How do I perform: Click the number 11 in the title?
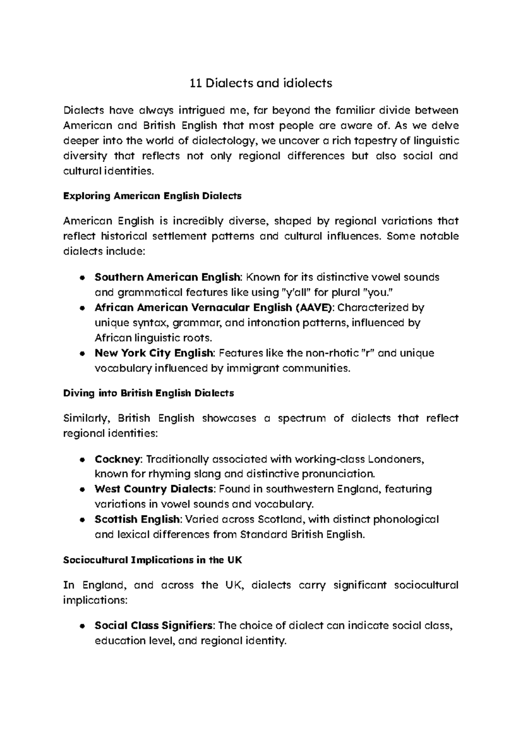pos(196,83)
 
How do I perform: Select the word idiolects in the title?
pos(308,83)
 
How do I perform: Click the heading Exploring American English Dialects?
pos(152,196)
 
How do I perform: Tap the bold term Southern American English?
pos(167,277)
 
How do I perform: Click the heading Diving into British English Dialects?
pos(149,393)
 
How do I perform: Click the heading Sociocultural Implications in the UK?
pos(153,560)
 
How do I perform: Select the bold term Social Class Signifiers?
pos(154,626)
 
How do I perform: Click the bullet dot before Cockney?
pos(82,460)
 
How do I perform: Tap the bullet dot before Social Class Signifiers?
pos(82,626)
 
